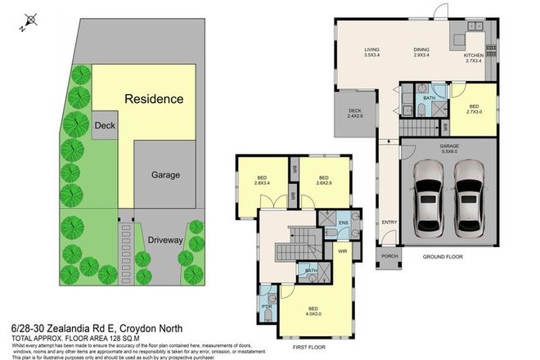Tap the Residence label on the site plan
coord(153,99)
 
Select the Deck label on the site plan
coord(104,125)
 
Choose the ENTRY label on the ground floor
coord(389,221)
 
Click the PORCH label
coord(389,256)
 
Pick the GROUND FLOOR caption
coord(444,257)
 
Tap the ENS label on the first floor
coord(344,222)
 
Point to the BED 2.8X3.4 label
coord(262,180)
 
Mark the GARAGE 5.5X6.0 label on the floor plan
coord(449,148)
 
